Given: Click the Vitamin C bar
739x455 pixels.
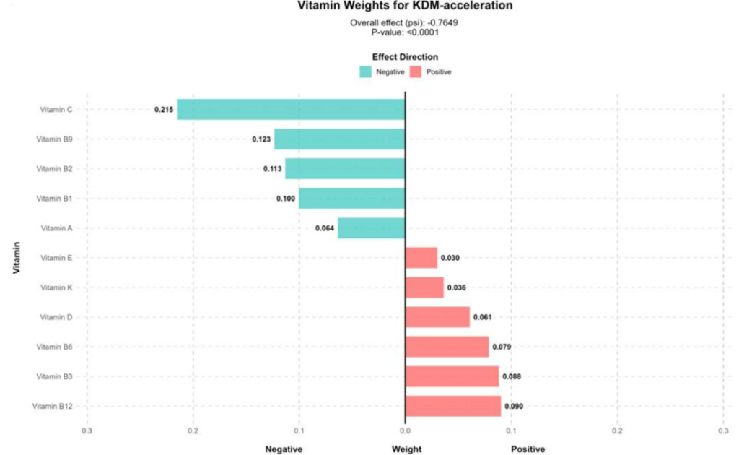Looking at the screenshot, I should click(x=291, y=110).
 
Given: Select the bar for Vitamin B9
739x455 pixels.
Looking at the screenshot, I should click(x=339, y=139).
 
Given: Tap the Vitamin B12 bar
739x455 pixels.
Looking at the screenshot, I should click(x=453, y=406).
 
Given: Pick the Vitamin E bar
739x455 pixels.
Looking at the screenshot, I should click(x=421, y=258).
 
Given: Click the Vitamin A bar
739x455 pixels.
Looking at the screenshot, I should click(x=371, y=228).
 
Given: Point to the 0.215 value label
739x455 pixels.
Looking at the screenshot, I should click(x=163, y=110).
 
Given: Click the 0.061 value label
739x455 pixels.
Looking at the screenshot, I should click(x=482, y=317).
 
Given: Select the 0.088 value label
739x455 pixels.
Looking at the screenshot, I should click(x=511, y=376).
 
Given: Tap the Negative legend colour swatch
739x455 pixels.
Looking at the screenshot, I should click(x=366, y=71).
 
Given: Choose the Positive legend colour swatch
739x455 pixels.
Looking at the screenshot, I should click(x=415, y=71).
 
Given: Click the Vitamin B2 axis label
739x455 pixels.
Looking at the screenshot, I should click(x=55, y=169).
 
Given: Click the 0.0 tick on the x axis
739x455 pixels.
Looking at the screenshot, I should click(x=405, y=430).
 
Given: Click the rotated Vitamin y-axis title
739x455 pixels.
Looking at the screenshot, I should click(x=15, y=261).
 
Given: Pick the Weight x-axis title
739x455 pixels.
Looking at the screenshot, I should click(x=406, y=448).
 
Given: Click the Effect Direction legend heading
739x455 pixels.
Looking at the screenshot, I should click(x=405, y=56).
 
